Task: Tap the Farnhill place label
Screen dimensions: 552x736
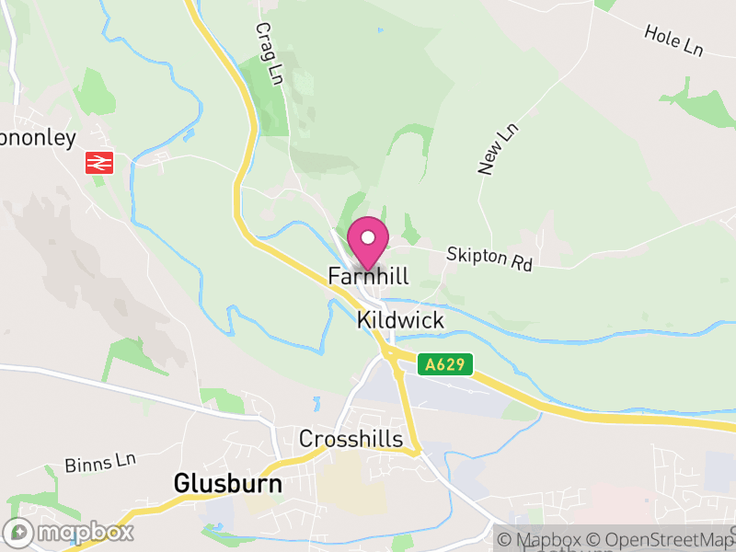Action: (x=368, y=276)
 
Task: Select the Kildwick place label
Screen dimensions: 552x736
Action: (x=400, y=320)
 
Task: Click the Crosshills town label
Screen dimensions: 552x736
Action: (x=351, y=439)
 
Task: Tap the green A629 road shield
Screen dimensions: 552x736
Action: (x=445, y=365)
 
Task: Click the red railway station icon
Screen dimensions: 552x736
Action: (x=98, y=163)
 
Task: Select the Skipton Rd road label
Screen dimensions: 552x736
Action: (x=489, y=259)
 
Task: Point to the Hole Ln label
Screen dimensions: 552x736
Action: (x=674, y=40)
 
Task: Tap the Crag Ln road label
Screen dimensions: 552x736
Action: (x=268, y=54)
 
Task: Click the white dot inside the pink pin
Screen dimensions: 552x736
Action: (x=368, y=236)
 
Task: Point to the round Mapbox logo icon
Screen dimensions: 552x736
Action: (x=18, y=532)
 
